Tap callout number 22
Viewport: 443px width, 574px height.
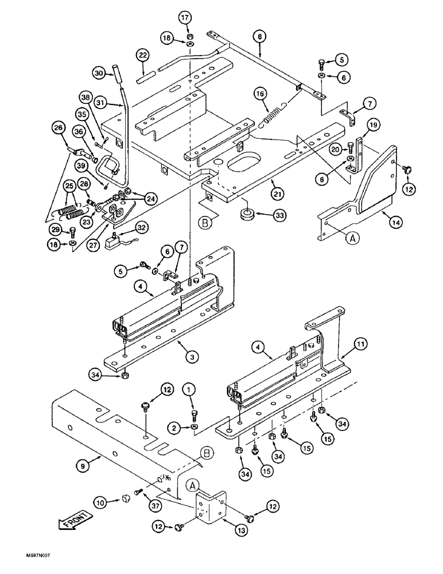[143, 55]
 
